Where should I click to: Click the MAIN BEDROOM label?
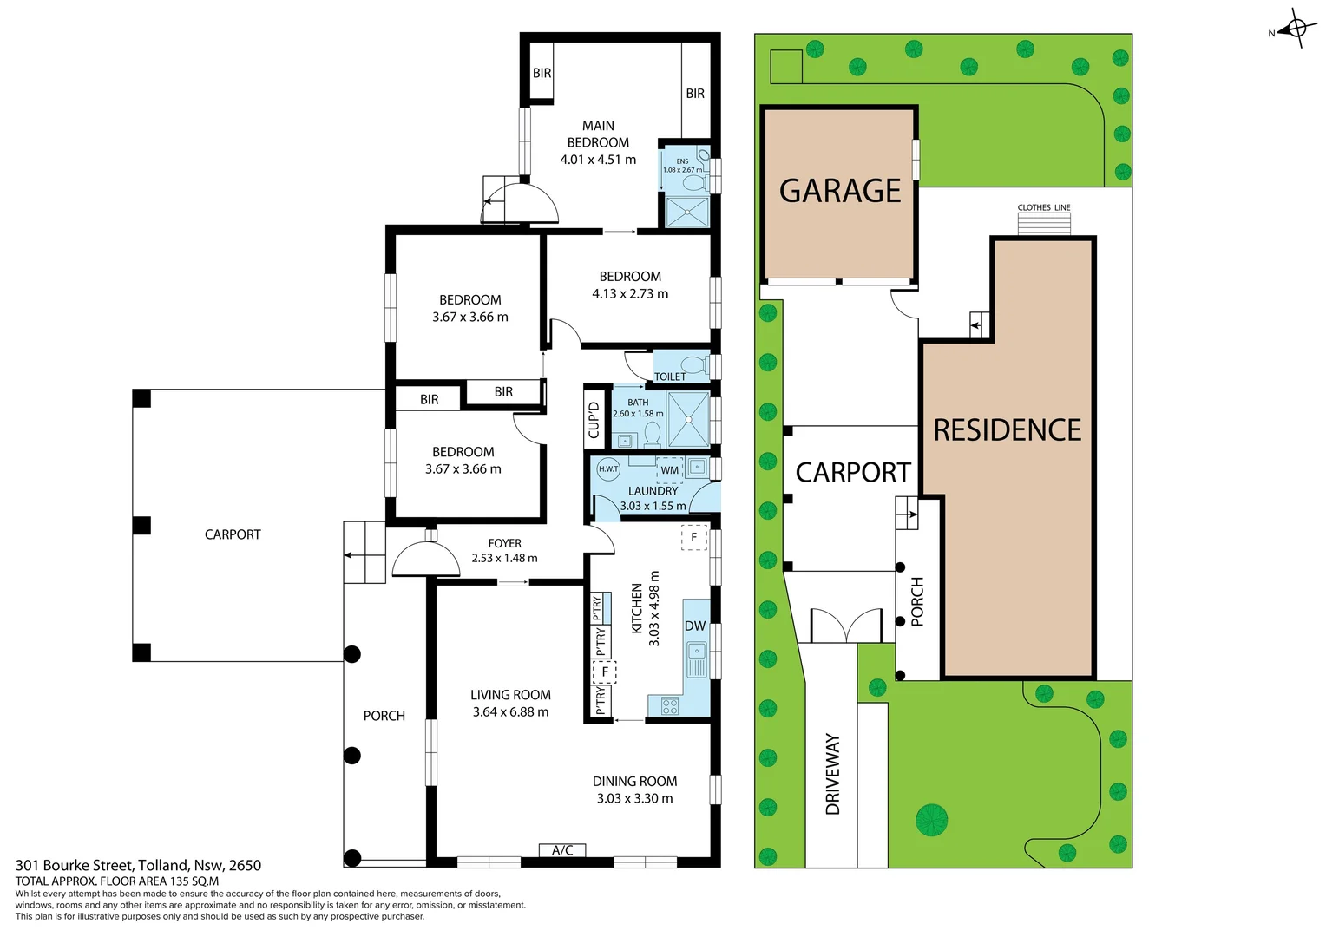[x=598, y=134]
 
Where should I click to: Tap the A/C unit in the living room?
[x=562, y=850]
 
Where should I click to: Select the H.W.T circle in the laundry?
[x=608, y=469]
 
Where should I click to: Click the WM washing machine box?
[x=669, y=470]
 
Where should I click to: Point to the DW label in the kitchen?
[x=695, y=626]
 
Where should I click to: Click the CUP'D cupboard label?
[x=594, y=420]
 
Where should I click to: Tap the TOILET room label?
[x=670, y=377]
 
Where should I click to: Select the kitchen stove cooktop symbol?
[x=670, y=706]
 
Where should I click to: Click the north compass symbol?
[x=1296, y=29]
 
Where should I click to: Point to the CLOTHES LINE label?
[x=1044, y=207]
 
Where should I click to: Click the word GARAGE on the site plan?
[x=840, y=191]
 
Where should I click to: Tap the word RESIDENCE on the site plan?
[x=1008, y=430]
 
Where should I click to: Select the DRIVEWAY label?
[x=833, y=774]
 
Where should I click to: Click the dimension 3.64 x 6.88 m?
[x=510, y=712]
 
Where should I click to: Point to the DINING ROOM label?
[x=634, y=782]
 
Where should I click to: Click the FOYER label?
[x=504, y=543]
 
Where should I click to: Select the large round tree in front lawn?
[x=931, y=819]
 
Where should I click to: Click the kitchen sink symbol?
[x=696, y=659]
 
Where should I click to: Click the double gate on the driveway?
[x=845, y=626]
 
